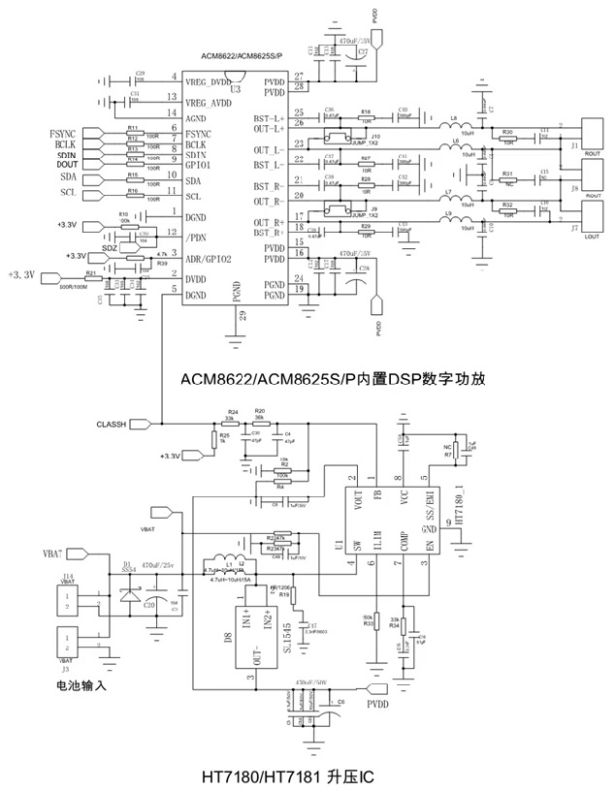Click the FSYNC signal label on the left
(60, 131)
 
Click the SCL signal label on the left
(68, 192)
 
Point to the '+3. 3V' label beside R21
(21, 274)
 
